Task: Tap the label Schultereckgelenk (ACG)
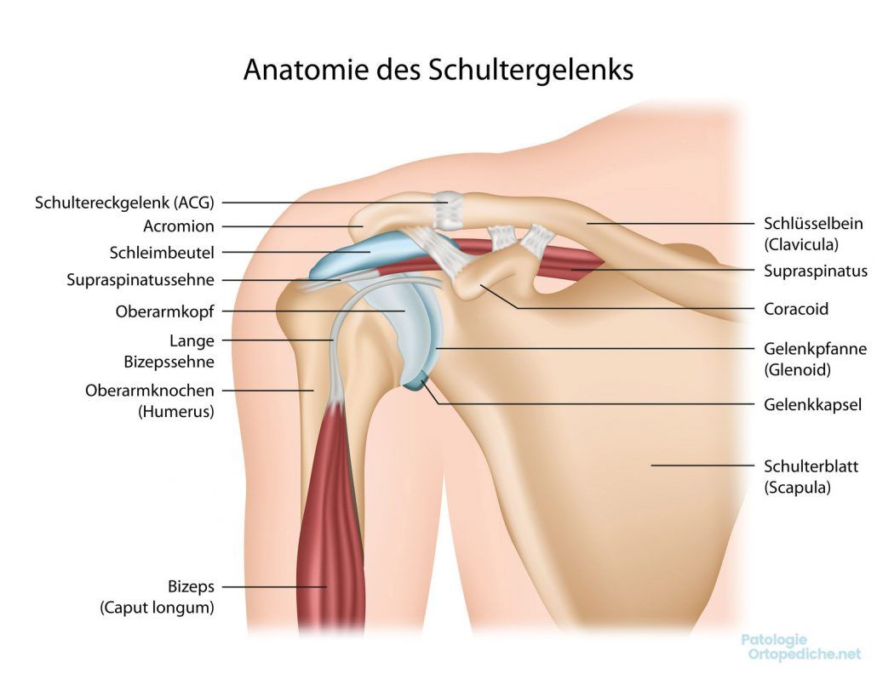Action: click(124, 203)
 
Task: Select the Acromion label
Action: click(179, 226)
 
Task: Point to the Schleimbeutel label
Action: click(162, 253)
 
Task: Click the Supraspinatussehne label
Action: click(140, 279)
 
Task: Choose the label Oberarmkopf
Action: click(164, 311)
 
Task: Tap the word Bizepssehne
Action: click(169, 362)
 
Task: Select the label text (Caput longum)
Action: click(157, 608)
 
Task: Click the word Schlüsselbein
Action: click(811, 223)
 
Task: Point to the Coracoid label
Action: click(795, 308)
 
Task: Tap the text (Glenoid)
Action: click(797, 370)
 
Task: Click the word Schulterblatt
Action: click(811, 466)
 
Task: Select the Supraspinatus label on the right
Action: click(816, 271)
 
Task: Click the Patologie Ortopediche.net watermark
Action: click(801, 647)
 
